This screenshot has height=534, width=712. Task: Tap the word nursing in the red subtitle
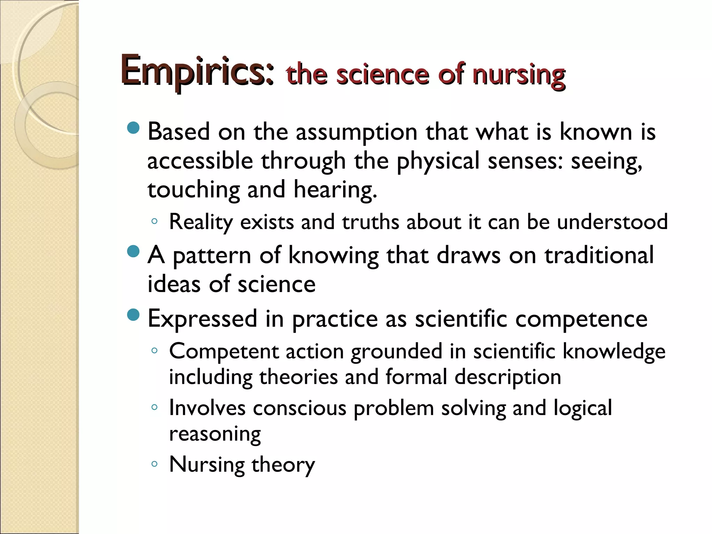(x=519, y=75)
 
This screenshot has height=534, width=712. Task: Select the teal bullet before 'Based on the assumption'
(x=133, y=128)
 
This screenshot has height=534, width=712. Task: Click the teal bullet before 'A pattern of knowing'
(x=133, y=251)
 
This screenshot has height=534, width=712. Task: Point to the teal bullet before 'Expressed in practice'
(x=133, y=315)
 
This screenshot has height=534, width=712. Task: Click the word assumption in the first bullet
(x=356, y=133)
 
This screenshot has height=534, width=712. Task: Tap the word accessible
(x=200, y=161)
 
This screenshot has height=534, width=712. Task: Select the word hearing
(x=335, y=191)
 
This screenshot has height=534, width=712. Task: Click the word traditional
(x=599, y=256)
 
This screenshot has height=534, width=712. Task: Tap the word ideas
(x=174, y=284)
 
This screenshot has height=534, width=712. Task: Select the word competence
(x=581, y=319)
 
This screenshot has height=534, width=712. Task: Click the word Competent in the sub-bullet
(x=224, y=352)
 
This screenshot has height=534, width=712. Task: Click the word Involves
(x=207, y=408)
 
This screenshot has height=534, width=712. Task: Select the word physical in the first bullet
(x=438, y=161)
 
